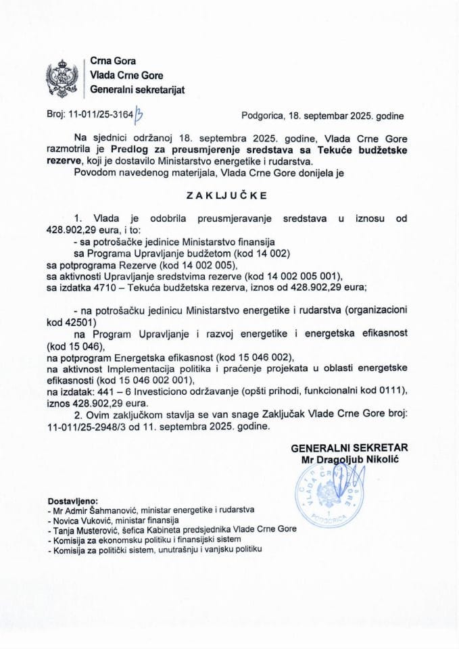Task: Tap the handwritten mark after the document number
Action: pyautogui.click(x=140, y=116)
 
